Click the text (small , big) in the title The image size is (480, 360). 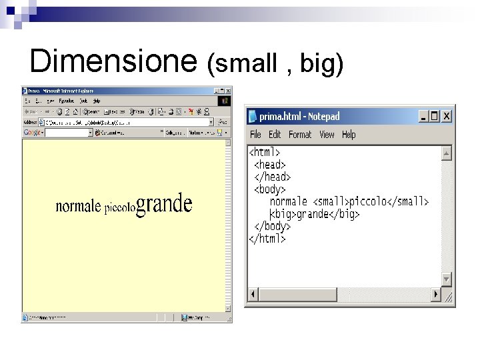coord(275,63)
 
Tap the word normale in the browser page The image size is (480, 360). coord(78,206)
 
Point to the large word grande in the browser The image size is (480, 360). coord(164,204)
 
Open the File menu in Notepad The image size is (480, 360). coord(255,135)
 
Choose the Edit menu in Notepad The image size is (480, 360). coord(275,135)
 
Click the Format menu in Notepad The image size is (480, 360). coord(300,135)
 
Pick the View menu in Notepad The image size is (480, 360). coord(327,135)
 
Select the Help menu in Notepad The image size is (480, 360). coord(349,135)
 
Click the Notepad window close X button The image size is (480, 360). coord(446,116)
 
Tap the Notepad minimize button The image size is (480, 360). coord(423,116)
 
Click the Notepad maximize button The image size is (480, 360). coord(435,116)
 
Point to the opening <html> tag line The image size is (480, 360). coord(265,153)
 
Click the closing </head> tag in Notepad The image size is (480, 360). coord(272,177)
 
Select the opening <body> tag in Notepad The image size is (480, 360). coord(269,189)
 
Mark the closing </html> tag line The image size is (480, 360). coord(267,238)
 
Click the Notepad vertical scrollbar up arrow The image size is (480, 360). coord(446,153)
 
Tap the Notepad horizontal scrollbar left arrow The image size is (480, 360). coord(253,294)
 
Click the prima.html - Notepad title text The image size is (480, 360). coord(299,117)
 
